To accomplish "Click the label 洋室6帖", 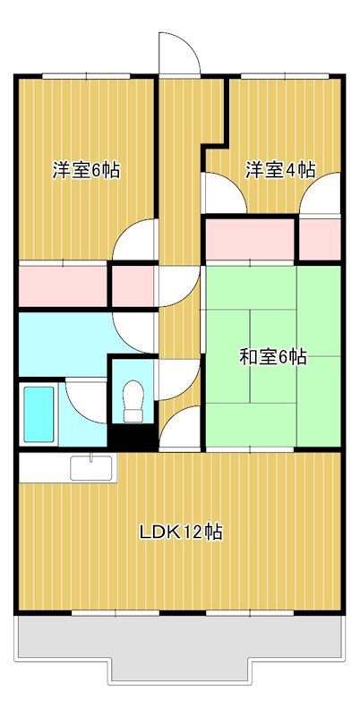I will (x=86, y=170).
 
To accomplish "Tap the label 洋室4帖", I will (x=280, y=169).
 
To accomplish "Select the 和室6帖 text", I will (x=273, y=357).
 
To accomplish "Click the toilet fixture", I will (x=133, y=399).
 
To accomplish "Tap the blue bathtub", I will (x=39, y=413).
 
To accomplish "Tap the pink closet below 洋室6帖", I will (x=63, y=286).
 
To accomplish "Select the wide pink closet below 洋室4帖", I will (x=251, y=240).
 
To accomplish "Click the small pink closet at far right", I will (x=319, y=239).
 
